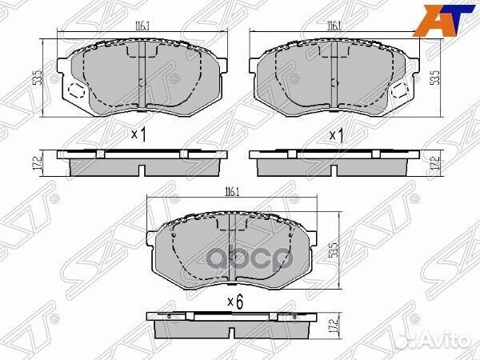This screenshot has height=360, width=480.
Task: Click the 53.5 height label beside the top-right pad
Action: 434,78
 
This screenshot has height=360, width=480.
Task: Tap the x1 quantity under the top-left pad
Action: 139,135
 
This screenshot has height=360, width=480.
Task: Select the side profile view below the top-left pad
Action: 140,164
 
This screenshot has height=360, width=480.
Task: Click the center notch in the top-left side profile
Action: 140,170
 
